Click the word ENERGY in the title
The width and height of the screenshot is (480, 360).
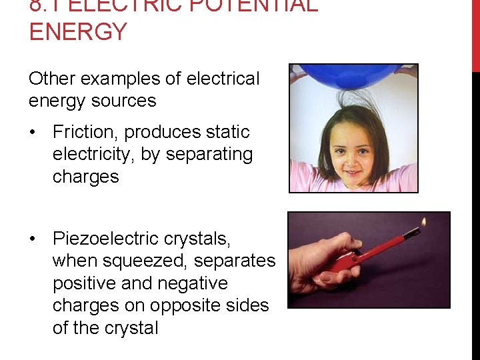(78, 32)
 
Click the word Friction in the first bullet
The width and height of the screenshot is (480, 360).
(85, 132)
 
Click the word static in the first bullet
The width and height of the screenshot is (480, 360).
(225, 132)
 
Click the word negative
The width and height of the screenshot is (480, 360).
(191, 283)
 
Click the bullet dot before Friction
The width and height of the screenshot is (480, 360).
(32, 132)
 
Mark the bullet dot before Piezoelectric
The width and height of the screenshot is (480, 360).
(32, 239)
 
